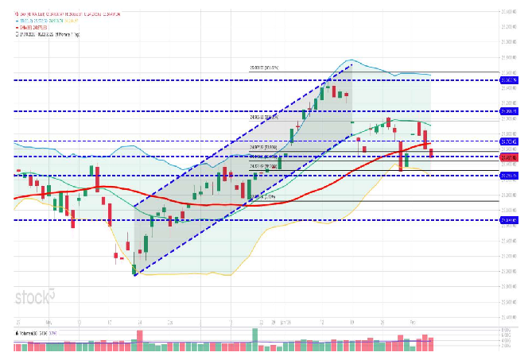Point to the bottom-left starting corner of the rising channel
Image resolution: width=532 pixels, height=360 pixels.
[134, 275]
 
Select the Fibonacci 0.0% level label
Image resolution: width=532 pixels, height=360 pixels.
[262, 197]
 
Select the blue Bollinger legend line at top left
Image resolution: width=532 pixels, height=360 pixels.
[56, 20]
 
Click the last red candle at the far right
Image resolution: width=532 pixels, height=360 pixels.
[432, 153]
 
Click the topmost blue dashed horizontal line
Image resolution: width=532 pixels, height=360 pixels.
[239, 80]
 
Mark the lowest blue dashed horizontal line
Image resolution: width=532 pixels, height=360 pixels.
[239, 220]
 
